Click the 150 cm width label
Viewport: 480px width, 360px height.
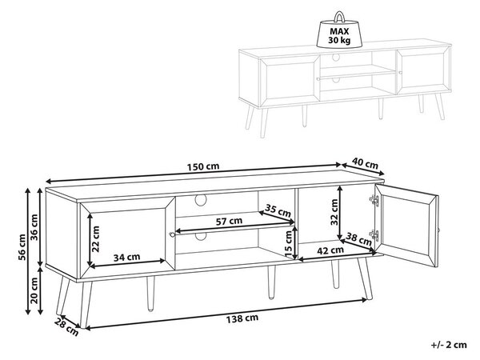pos(203,166)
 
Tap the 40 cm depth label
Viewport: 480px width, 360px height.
pos(365,163)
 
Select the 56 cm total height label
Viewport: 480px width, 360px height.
pos(22,247)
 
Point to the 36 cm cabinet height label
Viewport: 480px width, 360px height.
pos(34,227)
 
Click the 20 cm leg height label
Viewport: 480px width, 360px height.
pos(34,290)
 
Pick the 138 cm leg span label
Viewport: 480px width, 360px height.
pos(242,318)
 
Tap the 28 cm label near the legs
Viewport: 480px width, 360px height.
pos(66,326)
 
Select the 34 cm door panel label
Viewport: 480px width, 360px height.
pos(126,257)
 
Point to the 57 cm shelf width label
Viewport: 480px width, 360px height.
pos(229,221)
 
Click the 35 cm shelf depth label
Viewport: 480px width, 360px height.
pos(278,210)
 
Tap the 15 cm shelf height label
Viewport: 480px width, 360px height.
pos(288,244)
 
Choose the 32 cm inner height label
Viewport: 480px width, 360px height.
pos(334,212)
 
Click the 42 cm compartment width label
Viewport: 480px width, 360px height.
pos(330,250)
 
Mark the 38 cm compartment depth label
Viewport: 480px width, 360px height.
pos(358,238)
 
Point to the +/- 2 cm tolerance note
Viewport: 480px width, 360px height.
pos(449,345)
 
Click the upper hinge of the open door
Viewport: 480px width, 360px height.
pos(374,200)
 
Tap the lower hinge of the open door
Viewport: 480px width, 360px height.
pos(374,235)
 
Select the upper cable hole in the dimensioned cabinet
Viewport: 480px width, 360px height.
pos(201,199)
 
